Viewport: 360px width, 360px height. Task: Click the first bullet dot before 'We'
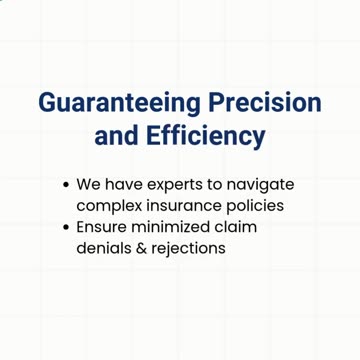[x=66, y=186]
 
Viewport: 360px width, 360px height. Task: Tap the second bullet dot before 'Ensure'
[x=66, y=227]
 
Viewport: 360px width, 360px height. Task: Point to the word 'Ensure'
[x=101, y=227]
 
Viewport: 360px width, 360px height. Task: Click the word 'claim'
[x=236, y=227]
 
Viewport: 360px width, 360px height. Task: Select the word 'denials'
[x=105, y=247]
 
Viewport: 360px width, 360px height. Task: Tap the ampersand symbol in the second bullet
[x=143, y=247]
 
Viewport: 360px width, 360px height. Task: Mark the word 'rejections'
[x=190, y=248]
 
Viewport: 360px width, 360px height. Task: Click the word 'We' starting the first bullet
[x=88, y=185]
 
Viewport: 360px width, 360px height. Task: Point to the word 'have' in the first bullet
[x=124, y=185]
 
